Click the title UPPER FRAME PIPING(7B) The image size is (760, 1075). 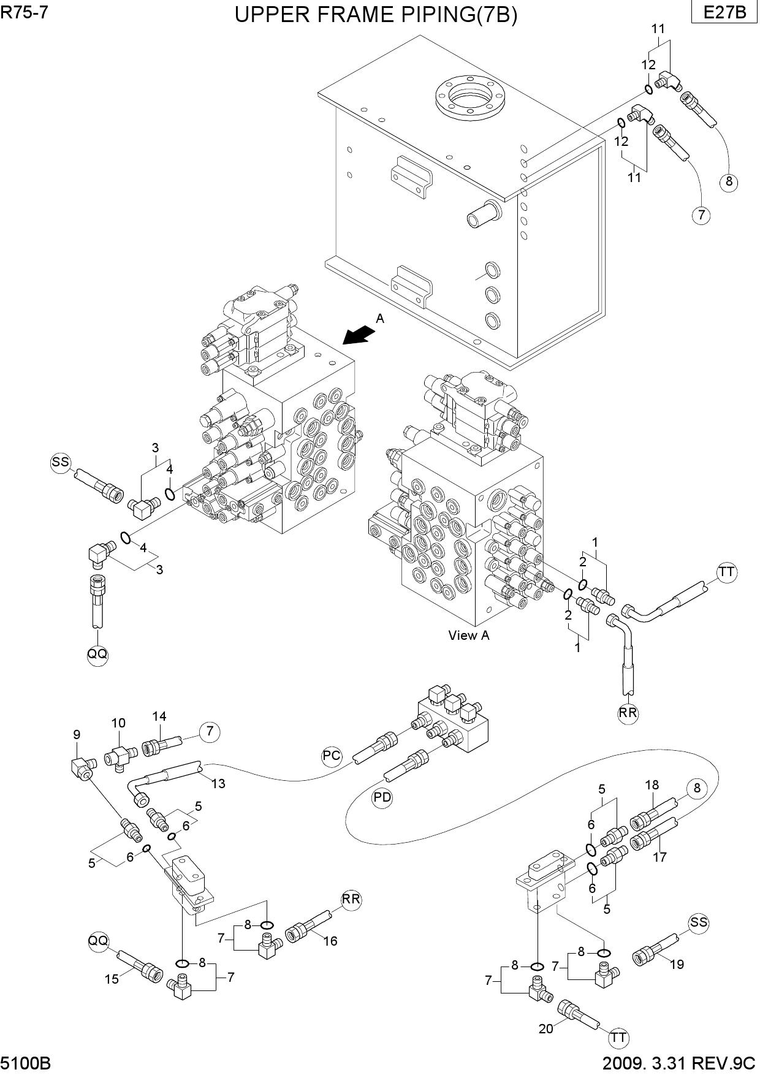coord(376,15)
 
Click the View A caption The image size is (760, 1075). coord(469,636)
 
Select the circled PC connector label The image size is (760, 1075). coord(332,756)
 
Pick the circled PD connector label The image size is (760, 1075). coord(382,797)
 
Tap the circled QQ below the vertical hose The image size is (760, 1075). coord(97,655)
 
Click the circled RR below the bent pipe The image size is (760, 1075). coord(628,713)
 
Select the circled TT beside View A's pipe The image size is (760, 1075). coord(726,572)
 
